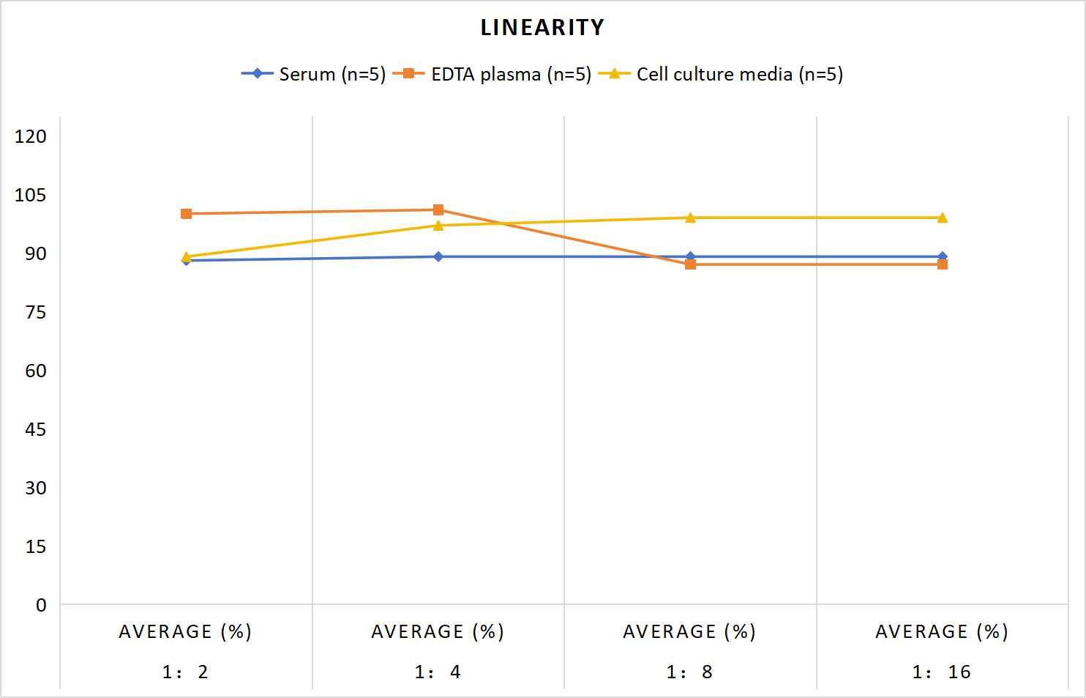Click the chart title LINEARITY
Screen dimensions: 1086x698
tap(542, 27)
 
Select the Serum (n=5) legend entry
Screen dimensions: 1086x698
tap(313, 74)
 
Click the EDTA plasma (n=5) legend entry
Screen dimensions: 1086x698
tap(492, 74)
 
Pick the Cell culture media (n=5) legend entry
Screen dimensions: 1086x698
tap(721, 74)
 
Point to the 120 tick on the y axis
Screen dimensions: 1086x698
tap(31, 136)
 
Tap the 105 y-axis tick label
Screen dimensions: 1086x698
tap(31, 195)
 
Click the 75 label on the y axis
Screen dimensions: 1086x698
tap(36, 312)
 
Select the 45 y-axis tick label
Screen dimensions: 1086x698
tap(36, 430)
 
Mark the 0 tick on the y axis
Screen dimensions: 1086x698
tap(41, 605)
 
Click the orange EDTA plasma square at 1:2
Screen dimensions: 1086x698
tap(186, 214)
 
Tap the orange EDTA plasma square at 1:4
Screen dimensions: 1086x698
tap(438, 209)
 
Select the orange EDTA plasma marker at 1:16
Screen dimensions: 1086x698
tap(943, 264)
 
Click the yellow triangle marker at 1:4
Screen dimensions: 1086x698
tap(438, 226)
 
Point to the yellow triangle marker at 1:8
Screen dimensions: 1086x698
tap(690, 218)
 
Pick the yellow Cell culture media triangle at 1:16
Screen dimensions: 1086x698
tap(943, 218)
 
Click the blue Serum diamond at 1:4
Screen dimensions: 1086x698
tap(438, 257)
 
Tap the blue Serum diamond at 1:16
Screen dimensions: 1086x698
tap(943, 257)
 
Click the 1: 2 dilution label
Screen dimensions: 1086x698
tap(185, 672)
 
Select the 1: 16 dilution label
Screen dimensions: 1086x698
tap(942, 672)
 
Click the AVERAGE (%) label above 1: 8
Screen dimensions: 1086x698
tap(689, 632)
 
